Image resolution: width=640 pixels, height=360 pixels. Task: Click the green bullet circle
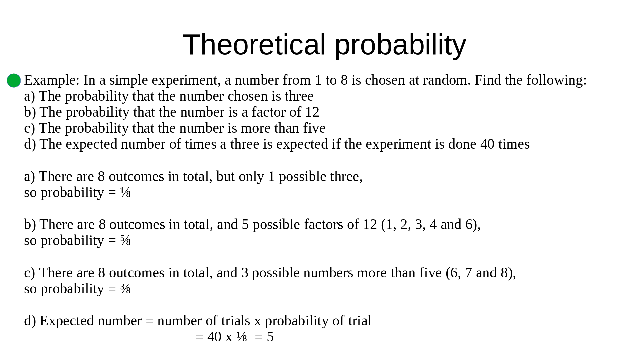(x=14, y=81)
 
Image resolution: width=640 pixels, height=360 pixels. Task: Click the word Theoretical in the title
(x=254, y=45)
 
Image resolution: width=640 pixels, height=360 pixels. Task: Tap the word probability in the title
(x=400, y=46)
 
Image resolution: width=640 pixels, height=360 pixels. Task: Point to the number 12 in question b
(x=312, y=112)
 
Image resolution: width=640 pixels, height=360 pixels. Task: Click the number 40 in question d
(x=487, y=144)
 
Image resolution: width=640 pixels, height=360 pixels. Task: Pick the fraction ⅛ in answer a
(x=125, y=193)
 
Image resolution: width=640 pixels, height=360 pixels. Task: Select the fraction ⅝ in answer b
(x=125, y=241)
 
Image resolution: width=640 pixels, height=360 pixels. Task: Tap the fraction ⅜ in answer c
(x=125, y=289)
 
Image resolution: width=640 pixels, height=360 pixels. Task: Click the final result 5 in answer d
(x=270, y=337)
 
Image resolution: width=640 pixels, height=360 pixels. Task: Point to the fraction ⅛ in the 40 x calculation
(x=242, y=337)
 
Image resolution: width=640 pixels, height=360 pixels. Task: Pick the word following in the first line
(x=556, y=80)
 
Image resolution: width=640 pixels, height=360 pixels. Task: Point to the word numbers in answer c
(x=328, y=273)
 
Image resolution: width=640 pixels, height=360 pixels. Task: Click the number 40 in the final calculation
(x=214, y=337)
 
